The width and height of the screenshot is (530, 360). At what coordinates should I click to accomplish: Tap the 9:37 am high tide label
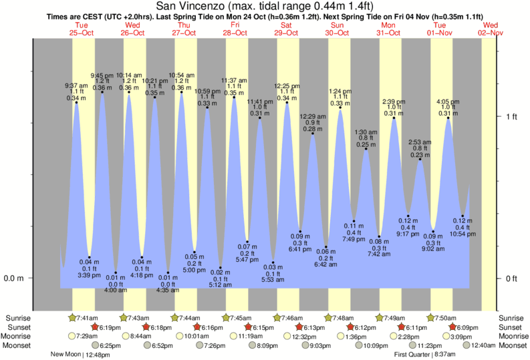75,85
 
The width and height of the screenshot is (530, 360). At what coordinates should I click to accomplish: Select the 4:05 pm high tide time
448,102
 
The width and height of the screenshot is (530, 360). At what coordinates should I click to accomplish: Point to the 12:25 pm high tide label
287,85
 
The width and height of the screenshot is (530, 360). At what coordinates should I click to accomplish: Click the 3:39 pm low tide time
89,275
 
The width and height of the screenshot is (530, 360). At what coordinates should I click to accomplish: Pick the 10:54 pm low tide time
462,234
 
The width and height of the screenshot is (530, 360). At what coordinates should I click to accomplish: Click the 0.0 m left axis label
14,278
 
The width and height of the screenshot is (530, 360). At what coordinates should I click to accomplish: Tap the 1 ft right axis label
512,117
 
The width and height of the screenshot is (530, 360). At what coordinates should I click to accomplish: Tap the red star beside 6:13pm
299,327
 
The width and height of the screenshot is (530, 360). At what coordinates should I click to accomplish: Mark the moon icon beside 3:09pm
446,337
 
